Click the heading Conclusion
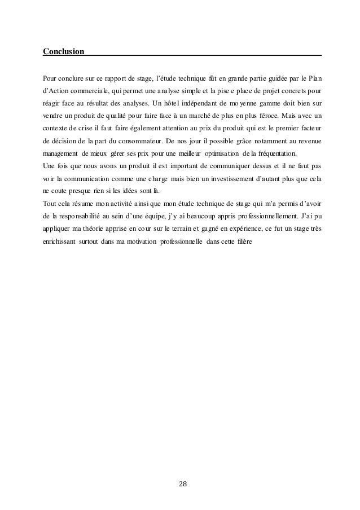click(64, 52)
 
